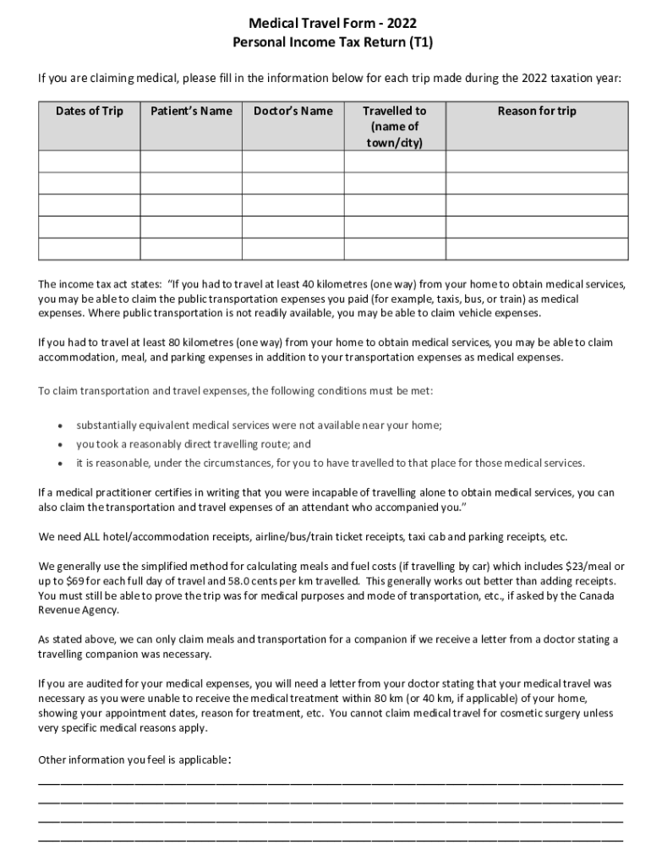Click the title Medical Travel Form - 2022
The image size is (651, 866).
(325, 23)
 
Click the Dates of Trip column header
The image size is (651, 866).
(90, 111)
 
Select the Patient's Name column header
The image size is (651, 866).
(191, 111)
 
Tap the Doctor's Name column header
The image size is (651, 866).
(293, 111)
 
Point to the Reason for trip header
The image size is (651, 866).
(537, 111)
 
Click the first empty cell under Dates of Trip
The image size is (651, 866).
(90, 162)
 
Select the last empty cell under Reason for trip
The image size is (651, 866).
(537, 249)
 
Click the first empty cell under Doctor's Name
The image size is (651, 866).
(293, 162)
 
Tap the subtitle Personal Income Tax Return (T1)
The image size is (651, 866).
(325, 41)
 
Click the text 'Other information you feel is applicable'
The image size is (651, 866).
(132, 760)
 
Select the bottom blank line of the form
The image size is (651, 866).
(331, 840)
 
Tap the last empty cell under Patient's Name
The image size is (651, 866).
(191, 249)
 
